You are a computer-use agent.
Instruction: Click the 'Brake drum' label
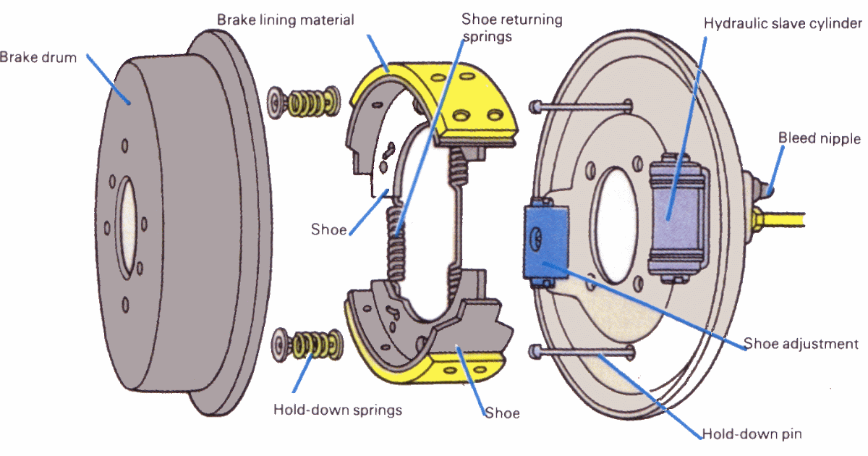tap(38, 57)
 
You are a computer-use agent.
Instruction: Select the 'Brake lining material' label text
tap(286, 20)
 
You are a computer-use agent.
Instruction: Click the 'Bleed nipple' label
tap(820, 138)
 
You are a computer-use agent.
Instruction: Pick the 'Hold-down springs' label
tap(337, 410)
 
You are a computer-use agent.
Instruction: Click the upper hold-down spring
tap(305, 102)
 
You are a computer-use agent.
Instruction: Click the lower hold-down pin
tap(582, 352)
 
